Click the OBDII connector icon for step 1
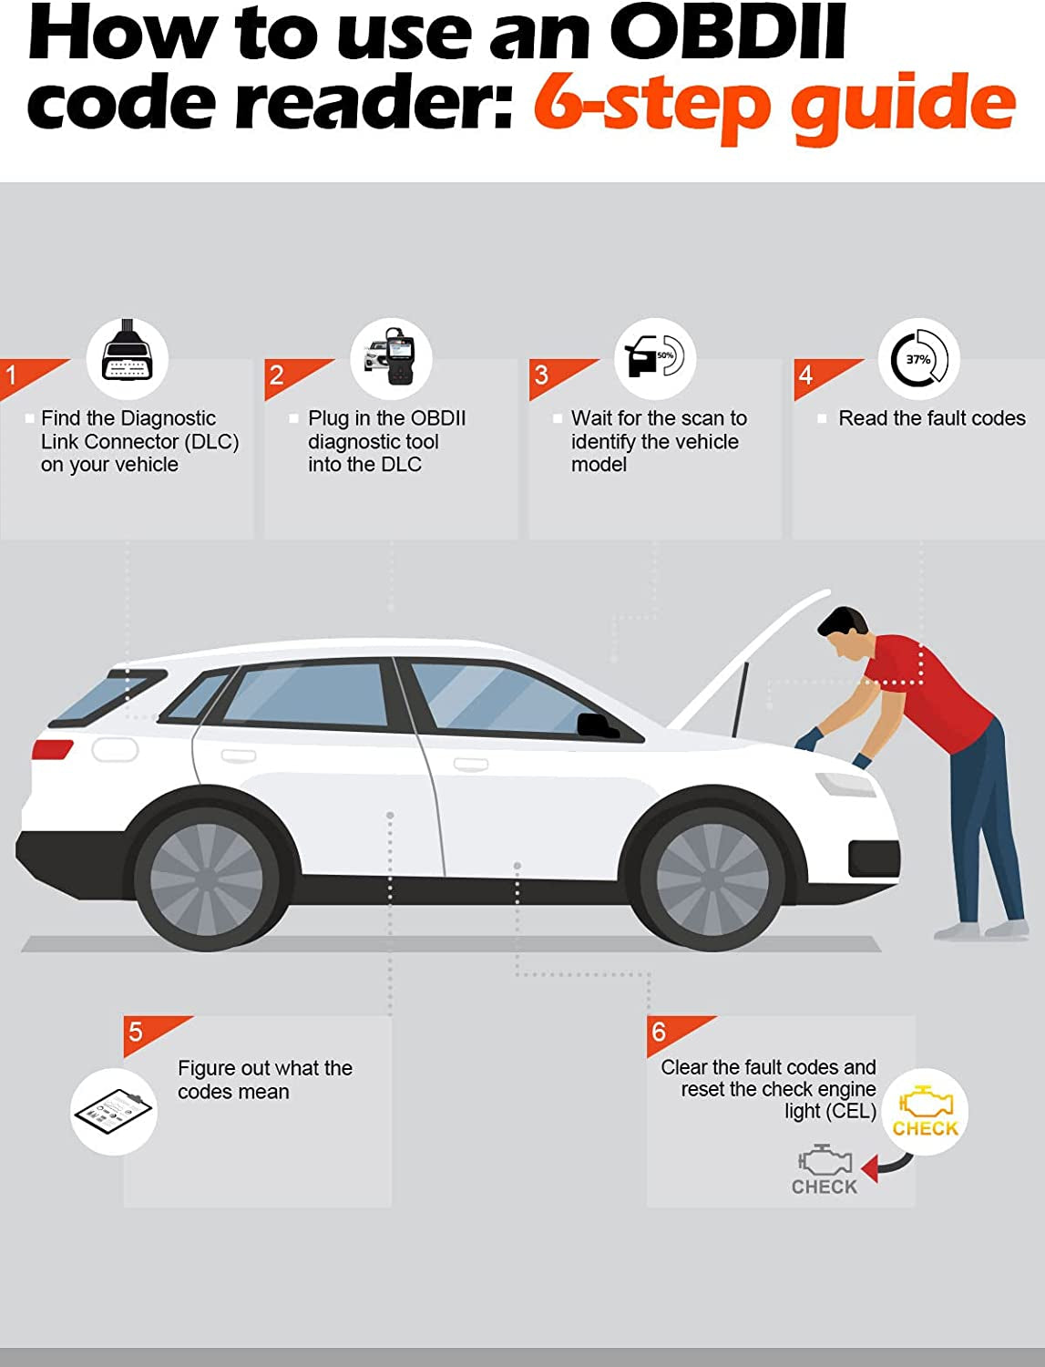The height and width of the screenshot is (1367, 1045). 128,357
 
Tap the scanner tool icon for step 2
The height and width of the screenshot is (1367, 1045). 392,357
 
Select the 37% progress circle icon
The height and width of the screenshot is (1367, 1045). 918,359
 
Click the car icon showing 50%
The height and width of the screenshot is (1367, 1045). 654,357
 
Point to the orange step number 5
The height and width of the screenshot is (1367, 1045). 137,1032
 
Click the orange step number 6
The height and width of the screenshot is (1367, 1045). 660,1032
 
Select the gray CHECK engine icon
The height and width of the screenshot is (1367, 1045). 825,1172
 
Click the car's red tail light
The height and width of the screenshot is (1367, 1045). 52,749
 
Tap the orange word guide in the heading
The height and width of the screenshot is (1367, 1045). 902,105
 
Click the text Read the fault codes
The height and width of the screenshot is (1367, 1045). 931,418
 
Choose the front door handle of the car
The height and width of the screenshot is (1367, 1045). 470,764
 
